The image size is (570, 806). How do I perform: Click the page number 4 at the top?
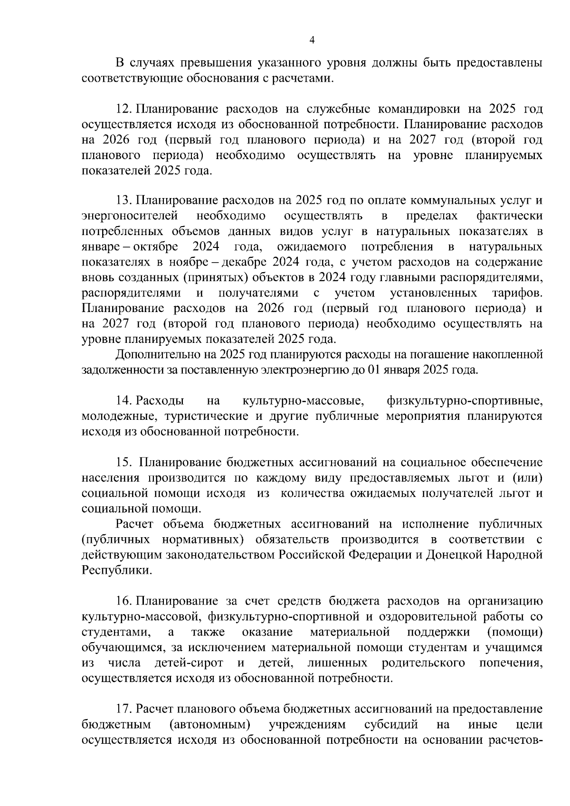312,40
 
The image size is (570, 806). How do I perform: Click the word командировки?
418,109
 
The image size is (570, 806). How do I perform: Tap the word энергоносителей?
130,216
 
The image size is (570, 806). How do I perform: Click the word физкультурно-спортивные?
465,401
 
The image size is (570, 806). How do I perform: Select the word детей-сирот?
189,663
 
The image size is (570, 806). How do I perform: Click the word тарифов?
516,293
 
